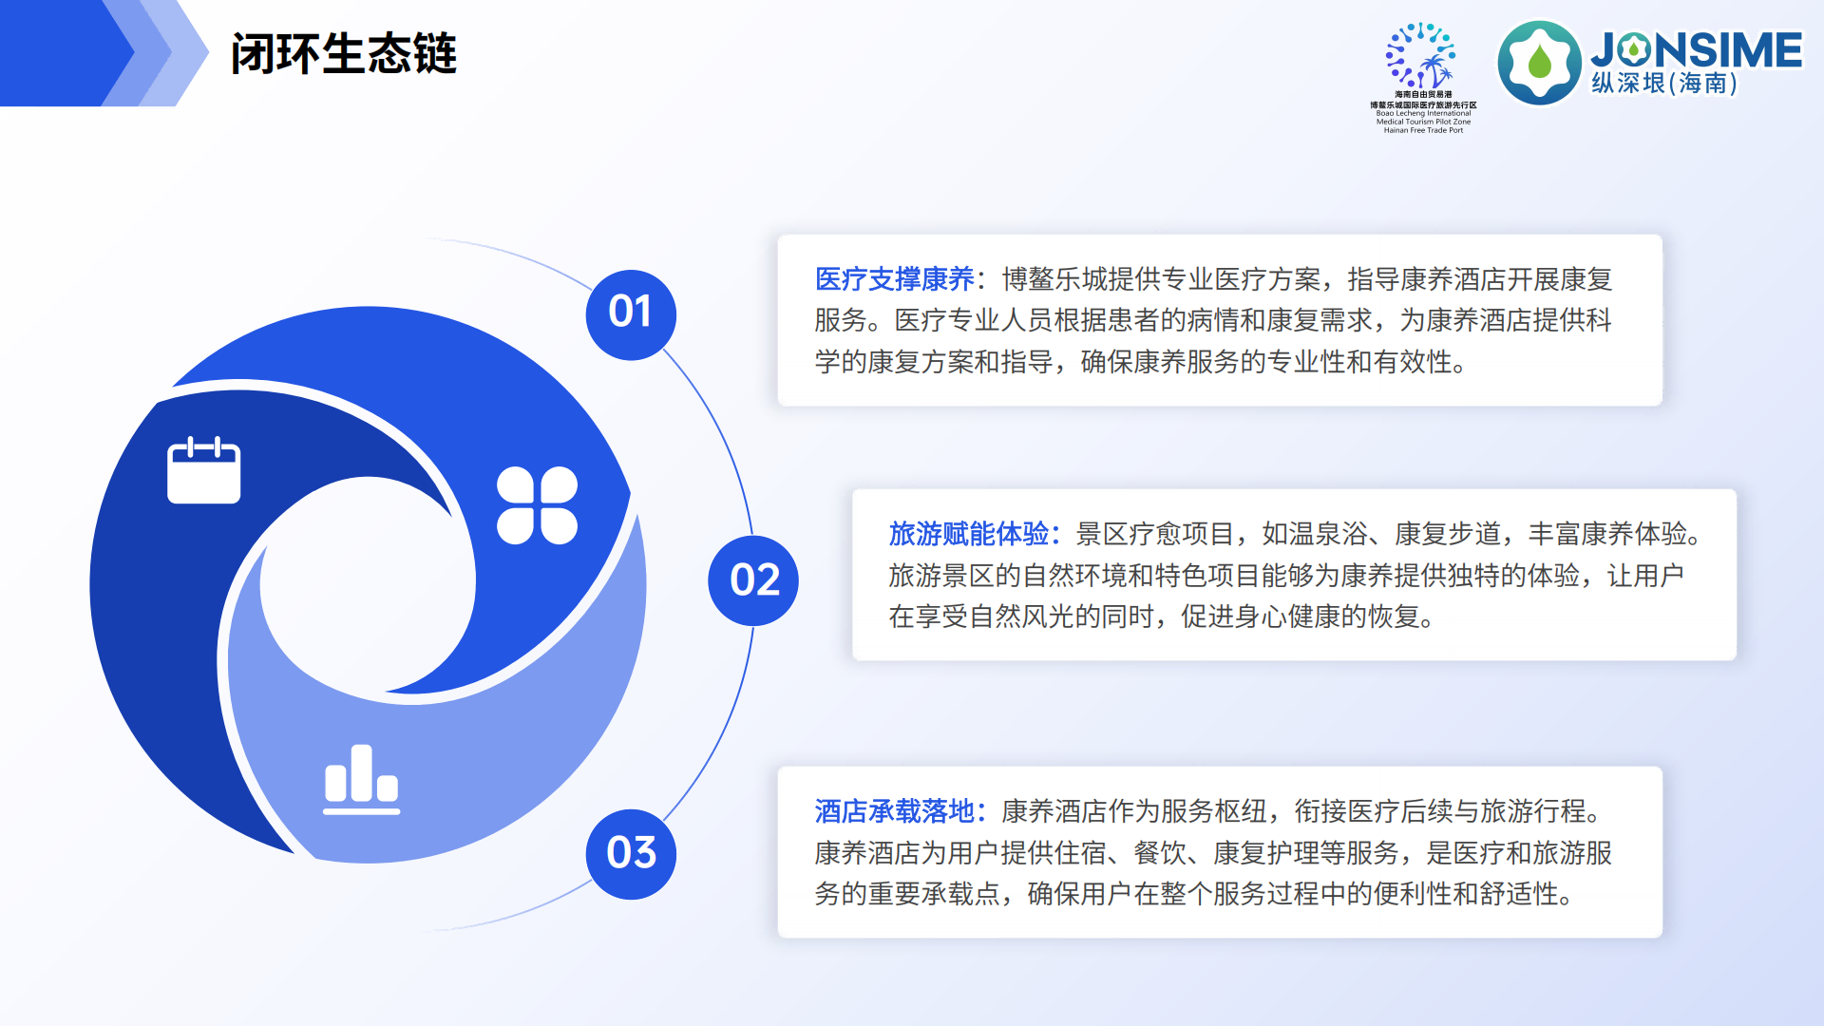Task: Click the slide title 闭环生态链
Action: tap(343, 53)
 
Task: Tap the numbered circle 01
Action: tap(630, 313)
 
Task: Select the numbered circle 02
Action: tap(753, 580)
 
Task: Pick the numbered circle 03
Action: tap(631, 853)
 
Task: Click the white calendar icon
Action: tap(203, 470)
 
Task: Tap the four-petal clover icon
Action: tap(537, 505)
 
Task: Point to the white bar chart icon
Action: tap(361, 780)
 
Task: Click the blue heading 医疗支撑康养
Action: tap(894, 279)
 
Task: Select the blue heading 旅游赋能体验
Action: tap(968, 534)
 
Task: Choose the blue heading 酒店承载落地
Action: tap(894, 811)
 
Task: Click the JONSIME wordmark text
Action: tap(1697, 49)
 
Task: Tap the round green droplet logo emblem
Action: tap(1539, 63)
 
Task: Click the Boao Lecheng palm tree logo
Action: tap(1422, 57)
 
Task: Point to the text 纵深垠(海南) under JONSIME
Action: tap(1664, 85)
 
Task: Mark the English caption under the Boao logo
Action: tap(1423, 122)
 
